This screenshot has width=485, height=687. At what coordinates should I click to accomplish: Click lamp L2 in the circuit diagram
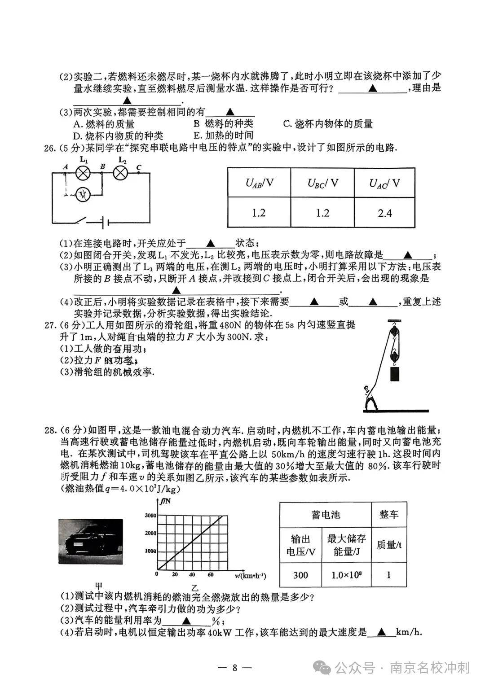pyautogui.click(x=121, y=172)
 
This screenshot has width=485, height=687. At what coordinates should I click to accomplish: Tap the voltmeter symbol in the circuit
pyautogui.click(x=83, y=194)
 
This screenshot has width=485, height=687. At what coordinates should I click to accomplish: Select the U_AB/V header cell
pyautogui.click(x=259, y=183)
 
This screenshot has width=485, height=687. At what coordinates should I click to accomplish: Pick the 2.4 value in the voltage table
pyautogui.click(x=385, y=213)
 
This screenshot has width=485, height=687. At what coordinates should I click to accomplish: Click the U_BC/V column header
pyautogui.click(x=322, y=183)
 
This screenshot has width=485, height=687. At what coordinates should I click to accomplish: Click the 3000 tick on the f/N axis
pyautogui.click(x=150, y=516)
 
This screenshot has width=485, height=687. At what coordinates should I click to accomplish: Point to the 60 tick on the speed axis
pyautogui.click(x=210, y=574)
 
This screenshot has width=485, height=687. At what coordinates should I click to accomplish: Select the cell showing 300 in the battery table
pyautogui.click(x=300, y=575)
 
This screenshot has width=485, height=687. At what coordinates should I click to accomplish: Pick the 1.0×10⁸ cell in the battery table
pyautogui.click(x=346, y=575)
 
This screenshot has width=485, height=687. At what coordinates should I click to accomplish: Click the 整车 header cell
pyautogui.click(x=388, y=514)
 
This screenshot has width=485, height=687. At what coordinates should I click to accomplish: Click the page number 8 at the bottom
pyautogui.click(x=234, y=667)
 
